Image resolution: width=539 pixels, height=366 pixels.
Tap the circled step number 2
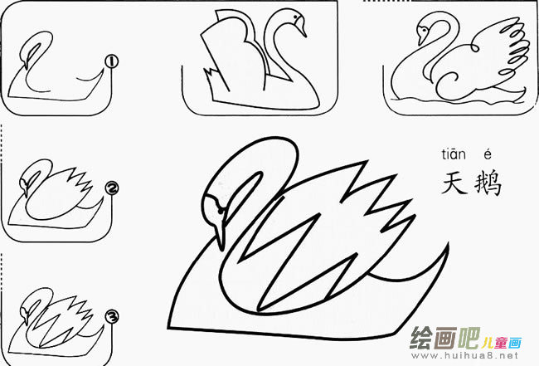[109, 188]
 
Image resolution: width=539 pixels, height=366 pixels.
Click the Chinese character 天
[456, 182]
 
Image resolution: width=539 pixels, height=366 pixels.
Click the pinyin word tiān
[454, 154]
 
